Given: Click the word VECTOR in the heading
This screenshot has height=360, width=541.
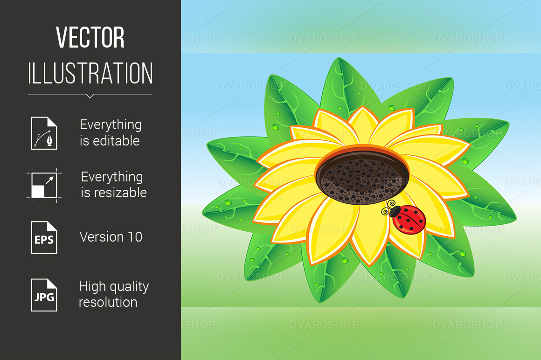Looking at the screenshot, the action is click(90, 37).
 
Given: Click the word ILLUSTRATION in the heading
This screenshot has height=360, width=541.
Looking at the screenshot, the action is click(90, 73).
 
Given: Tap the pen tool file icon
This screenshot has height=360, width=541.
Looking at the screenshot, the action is click(44, 133).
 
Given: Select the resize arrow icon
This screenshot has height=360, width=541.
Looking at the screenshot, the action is click(44, 185).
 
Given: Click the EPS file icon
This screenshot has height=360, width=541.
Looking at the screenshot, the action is click(44, 237).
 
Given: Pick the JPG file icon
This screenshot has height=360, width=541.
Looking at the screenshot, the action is click(44, 295).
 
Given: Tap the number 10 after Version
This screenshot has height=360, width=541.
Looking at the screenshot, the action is click(135, 237).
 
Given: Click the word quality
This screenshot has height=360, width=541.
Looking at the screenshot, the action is click(129, 287).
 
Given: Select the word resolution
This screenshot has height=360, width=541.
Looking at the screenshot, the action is click(108, 302).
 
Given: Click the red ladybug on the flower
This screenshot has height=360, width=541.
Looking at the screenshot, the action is click(406, 218).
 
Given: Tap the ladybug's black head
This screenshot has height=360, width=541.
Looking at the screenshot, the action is click(395, 211).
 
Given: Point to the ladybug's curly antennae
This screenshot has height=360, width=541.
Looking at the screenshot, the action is click(388, 207).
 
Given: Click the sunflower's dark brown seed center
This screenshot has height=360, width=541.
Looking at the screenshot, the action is click(362, 178).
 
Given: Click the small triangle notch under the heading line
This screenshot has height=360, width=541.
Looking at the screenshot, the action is click(90, 96).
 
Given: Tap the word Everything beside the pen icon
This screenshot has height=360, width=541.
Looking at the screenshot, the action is click(111, 125).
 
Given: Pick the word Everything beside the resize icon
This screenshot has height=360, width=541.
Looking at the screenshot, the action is click(112, 177).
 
